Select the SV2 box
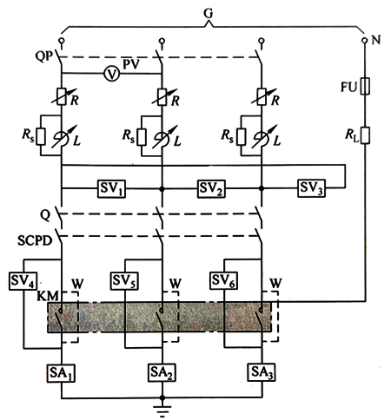211,187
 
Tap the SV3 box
310,187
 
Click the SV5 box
124,281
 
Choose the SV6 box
224,281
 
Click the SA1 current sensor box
62,373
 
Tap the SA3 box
262,373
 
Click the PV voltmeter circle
111,75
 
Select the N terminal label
377,41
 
